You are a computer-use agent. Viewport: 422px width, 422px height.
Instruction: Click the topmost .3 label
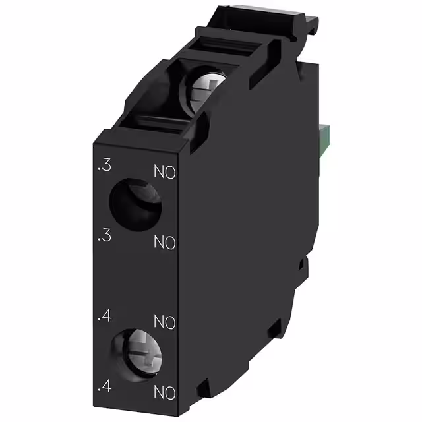point(103,167)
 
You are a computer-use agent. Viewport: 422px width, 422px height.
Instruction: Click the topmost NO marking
point(165,173)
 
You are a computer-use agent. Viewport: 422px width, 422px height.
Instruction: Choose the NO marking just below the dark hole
point(165,242)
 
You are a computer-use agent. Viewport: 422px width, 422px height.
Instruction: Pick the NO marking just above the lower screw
point(165,322)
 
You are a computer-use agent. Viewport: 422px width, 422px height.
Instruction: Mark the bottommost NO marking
point(165,393)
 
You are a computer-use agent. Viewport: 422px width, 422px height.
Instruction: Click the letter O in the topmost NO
point(171,173)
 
